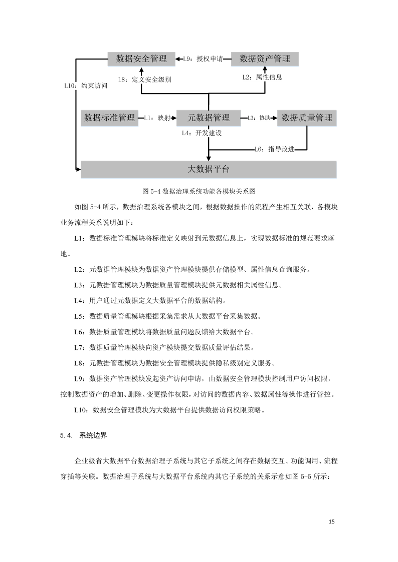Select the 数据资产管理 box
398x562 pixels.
265,59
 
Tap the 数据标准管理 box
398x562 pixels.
110,118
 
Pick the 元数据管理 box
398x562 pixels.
209,118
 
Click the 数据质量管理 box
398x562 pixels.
307,118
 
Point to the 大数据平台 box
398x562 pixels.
209,169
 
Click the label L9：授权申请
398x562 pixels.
203,59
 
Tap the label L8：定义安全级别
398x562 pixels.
144,79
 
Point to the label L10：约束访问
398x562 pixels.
86,86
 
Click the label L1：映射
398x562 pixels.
157,118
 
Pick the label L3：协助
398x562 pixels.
259,118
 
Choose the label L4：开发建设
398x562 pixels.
202,133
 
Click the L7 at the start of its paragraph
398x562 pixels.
78,347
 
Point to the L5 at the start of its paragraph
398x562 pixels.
78,316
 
